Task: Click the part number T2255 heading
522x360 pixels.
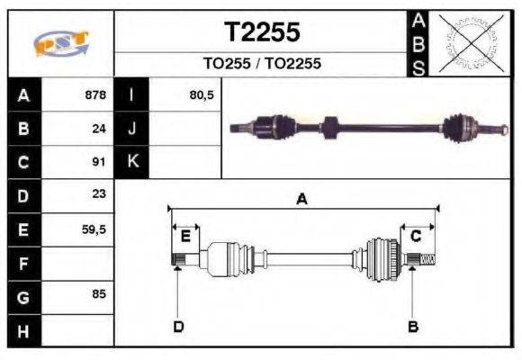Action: (x=262, y=33)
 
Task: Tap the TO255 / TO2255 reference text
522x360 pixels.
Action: (x=262, y=64)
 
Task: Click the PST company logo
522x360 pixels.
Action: (x=60, y=43)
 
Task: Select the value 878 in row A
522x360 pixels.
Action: (x=95, y=95)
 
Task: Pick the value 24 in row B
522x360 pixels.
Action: (x=99, y=129)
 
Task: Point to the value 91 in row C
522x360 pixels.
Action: (x=99, y=162)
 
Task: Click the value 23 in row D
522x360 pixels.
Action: (x=99, y=194)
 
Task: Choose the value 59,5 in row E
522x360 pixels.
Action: (x=94, y=229)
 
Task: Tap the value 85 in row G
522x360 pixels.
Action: (x=99, y=294)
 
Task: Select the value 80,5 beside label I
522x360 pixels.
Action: (x=202, y=95)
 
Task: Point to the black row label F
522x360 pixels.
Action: (x=23, y=263)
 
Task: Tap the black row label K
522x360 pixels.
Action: (x=132, y=162)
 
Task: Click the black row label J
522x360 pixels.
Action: (x=132, y=129)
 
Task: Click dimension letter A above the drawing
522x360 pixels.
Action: (x=302, y=200)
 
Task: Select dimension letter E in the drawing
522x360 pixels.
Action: (x=185, y=237)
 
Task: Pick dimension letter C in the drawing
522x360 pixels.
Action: (x=417, y=237)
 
